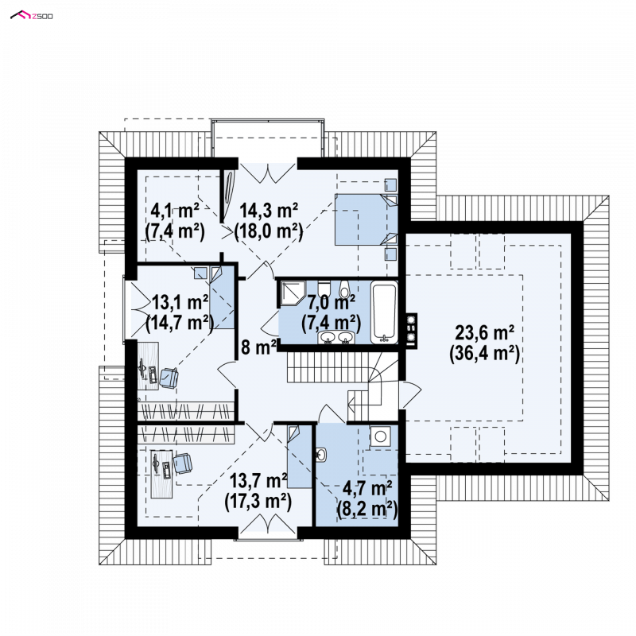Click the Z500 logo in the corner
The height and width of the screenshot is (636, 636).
pos(31,16)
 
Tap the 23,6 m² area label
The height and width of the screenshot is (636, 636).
pos(485,332)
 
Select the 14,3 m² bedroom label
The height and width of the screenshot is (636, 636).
pos(269,211)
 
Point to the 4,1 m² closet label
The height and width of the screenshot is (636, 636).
pos(175,211)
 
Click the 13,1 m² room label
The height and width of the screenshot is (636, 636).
pos(180,303)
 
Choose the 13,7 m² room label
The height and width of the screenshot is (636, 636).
pos(258,481)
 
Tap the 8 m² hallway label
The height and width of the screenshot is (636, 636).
pos(259,347)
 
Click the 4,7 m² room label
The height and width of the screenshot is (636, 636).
pos(367,488)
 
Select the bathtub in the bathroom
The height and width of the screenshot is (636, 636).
pos(384,312)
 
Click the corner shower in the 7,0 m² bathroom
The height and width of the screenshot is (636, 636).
pos(291,293)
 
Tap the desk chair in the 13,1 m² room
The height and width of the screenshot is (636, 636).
pos(169,378)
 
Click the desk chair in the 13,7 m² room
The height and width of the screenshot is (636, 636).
pos(183,463)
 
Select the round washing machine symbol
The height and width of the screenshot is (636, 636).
pos(380,436)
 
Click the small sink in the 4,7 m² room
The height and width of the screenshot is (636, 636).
pos(321,455)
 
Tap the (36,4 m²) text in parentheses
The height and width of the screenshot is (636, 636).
pos(485,353)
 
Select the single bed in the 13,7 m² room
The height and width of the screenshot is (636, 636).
pos(300,456)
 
